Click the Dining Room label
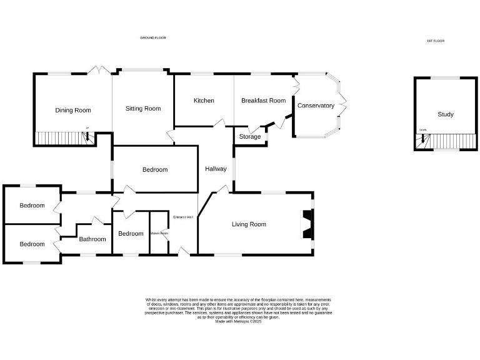73,111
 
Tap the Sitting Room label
143,109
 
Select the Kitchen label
204,101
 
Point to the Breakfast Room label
263,101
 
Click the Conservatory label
316,106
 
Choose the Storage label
250,137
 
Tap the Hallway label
216,168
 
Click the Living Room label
249,224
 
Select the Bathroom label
92,239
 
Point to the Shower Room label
159,234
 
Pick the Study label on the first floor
446,114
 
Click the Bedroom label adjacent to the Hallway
155,169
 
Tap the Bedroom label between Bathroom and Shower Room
131,234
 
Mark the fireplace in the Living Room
307,225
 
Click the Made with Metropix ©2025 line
238,321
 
